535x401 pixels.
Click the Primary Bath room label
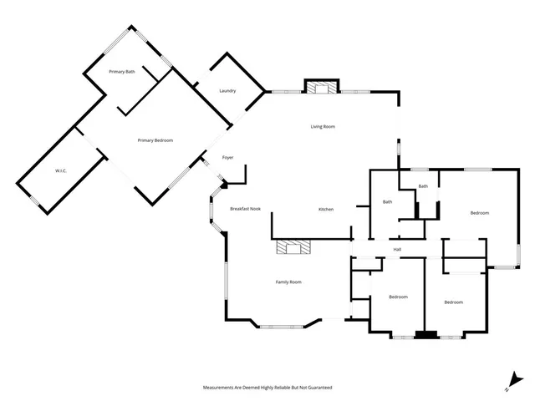click(122, 72)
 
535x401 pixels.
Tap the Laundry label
click(227, 90)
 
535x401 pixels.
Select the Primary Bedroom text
click(155, 140)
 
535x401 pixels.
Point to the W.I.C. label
click(61, 171)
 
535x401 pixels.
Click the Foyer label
click(227, 158)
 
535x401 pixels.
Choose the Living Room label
click(323, 126)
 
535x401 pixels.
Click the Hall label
click(398, 249)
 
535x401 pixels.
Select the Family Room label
click(288, 282)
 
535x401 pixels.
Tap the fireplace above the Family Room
click(293, 247)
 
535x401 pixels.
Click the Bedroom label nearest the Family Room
click(398, 297)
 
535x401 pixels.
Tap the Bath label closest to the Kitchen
click(388, 202)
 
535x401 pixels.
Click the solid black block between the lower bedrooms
click(426, 336)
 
